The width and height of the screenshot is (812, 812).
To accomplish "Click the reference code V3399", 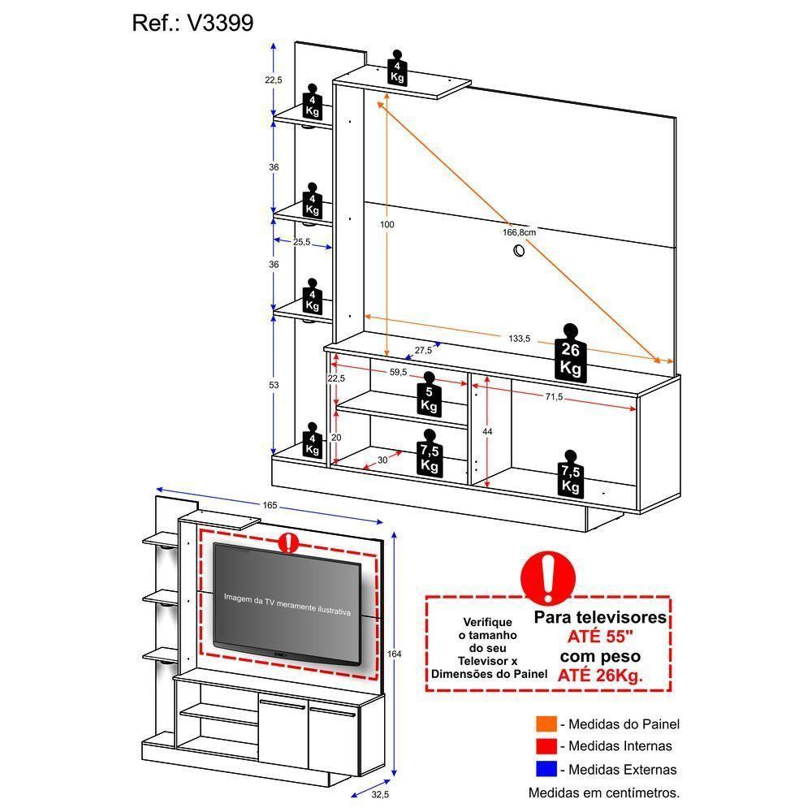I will pyautogui.click(x=221, y=23).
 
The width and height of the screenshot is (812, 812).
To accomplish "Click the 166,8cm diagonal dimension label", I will pyautogui.click(x=518, y=233).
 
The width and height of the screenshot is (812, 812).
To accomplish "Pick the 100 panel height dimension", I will pyautogui.click(x=387, y=224).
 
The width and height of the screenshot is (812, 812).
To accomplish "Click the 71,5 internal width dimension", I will pyautogui.click(x=554, y=397).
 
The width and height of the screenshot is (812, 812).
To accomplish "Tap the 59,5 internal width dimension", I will pyautogui.click(x=398, y=373).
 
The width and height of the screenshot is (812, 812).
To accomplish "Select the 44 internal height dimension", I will pyautogui.click(x=487, y=432).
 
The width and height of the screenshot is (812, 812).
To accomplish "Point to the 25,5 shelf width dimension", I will pyautogui.click(x=302, y=241).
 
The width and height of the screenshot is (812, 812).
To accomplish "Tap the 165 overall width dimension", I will pyautogui.click(x=270, y=506).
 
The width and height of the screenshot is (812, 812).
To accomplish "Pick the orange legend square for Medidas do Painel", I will pyautogui.click(x=546, y=723).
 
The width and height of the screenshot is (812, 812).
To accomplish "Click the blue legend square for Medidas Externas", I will pyautogui.click(x=546, y=769).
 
